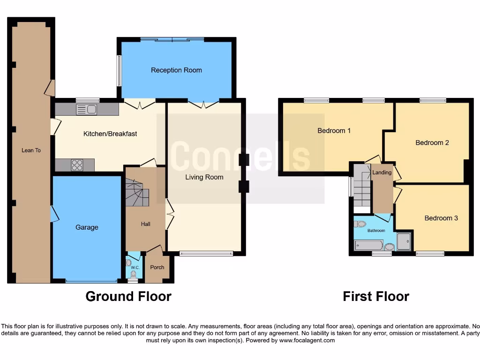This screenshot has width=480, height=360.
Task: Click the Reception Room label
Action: coord(176,70)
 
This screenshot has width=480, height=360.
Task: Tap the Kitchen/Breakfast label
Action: coord(110,134)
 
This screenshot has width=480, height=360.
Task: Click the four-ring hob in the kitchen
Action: coord(77,165)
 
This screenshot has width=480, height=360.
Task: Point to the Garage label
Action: coord(87,227)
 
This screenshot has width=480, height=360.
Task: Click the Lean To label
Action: coord(31,150)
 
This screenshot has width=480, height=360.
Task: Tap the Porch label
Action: coord(157,267)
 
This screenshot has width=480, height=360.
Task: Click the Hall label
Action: coord(145,224)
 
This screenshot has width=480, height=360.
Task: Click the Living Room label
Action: coord(204,177)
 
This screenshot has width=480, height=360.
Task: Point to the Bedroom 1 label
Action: coord(334,131)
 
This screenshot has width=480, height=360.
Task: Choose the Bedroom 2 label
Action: coord(432,142)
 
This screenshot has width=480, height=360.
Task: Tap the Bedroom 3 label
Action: coord(441,218)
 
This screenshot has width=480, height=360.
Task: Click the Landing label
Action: coord(382,172)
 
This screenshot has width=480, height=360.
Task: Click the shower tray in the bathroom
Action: coord(403,241)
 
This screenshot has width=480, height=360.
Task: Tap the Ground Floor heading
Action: coord(128,297)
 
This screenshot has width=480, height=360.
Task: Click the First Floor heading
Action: coord(376,297)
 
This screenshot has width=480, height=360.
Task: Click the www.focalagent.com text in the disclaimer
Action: coord(307,340)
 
